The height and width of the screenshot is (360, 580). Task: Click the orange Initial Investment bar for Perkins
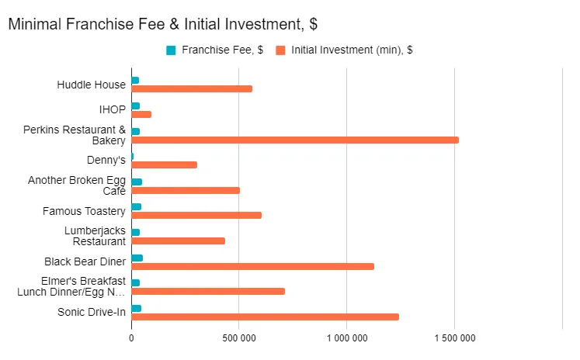coord(295,140)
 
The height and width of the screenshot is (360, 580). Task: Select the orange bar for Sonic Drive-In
coord(265,317)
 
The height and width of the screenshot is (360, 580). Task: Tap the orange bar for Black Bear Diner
coord(252,266)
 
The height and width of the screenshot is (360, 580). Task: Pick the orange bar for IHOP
coord(141,114)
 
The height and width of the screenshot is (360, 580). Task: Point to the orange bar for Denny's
coord(164,164)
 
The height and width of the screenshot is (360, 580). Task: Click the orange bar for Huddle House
coord(192,88)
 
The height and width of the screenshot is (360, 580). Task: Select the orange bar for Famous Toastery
coord(196,215)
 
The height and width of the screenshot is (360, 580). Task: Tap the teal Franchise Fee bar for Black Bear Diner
coord(137,258)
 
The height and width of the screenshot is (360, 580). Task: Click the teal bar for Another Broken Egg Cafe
coord(137,182)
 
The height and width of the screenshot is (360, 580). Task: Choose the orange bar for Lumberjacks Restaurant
coord(178,241)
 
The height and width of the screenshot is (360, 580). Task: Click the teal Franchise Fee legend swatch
coord(171,50)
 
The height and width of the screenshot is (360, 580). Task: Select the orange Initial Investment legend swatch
coord(280,50)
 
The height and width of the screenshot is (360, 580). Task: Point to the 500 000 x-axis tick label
coord(238,338)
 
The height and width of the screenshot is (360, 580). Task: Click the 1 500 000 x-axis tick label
coord(454,338)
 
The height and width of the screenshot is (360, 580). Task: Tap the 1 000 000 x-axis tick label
coord(346,338)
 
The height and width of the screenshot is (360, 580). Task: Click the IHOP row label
coord(112,109)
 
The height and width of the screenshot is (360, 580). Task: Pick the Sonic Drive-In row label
coord(91,312)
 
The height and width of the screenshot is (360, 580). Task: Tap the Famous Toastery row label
coord(84,211)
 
